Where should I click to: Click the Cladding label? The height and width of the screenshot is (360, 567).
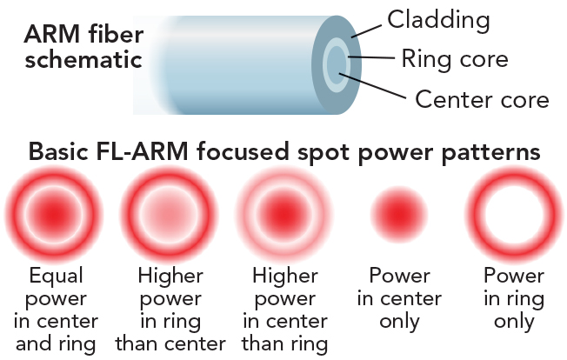click(x=438, y=18)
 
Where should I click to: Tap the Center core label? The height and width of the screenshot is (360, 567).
click(x=482, y=98)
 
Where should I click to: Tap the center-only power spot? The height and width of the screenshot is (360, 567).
click(x=399, y=214)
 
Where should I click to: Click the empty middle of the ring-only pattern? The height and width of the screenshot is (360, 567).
click(x=513, y=214)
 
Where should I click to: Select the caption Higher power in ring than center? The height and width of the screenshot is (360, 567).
click(x=170, y=310)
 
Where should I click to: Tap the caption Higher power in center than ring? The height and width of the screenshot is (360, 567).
click(x=284, y=310)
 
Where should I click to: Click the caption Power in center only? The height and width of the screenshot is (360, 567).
click(x=399, y=298)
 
